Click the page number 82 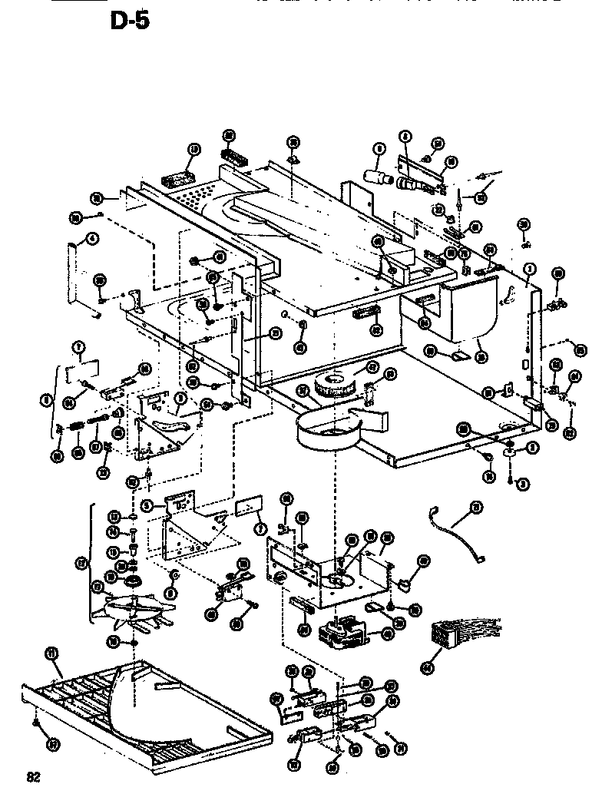pos(33,776)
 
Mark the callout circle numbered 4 pos(92,239)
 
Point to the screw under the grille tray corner pos(36,722)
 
